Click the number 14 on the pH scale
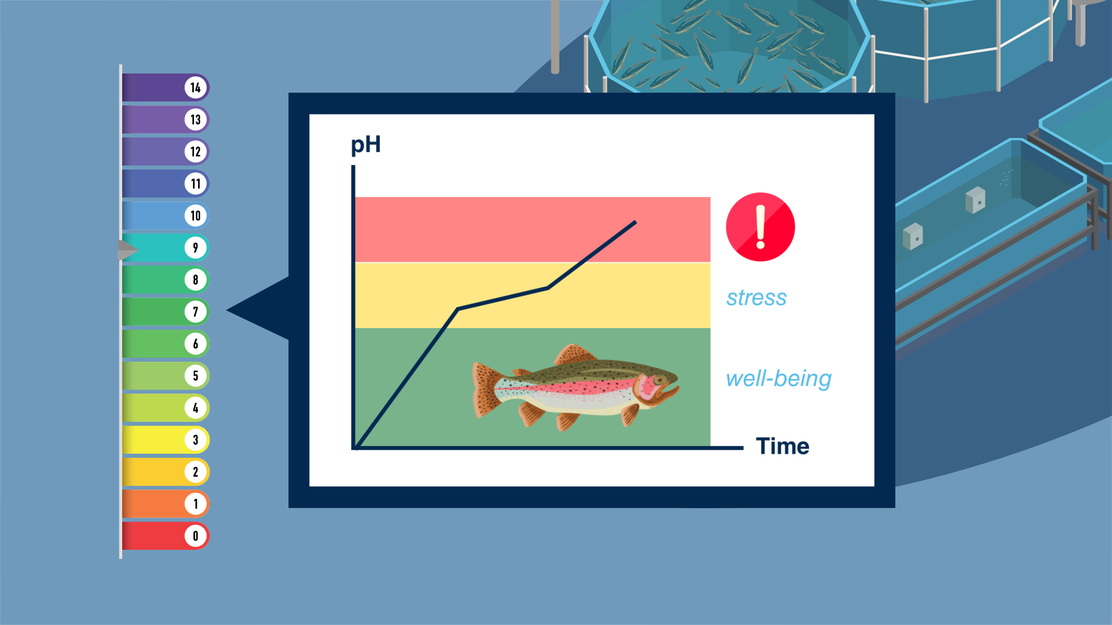point(196,88)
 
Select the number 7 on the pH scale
point(196,312)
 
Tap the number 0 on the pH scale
point(196,536)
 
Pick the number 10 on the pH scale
point(196,216)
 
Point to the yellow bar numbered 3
point(165,440)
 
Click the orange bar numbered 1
point(165,503)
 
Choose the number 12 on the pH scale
point(196,152)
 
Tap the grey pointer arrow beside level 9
point(128,250)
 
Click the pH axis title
point(366,145)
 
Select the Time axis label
point(782,446)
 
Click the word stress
point(756,297)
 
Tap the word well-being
point(779,379)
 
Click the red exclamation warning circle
point(760,227)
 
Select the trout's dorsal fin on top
point(575,354)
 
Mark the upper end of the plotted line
point(635,222)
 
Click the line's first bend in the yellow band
point(458,310)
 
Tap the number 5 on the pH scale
point(196,376)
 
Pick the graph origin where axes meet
point(354,447)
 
